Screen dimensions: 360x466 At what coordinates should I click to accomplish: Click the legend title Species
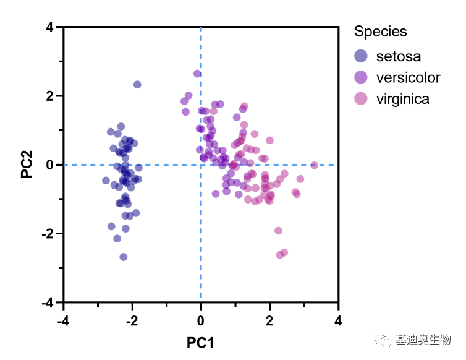coord(381,32)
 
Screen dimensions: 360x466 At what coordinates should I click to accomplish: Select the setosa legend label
coord(398,56)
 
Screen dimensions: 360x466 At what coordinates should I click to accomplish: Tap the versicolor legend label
coord(408,77)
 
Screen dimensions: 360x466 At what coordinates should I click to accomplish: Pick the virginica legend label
coord(402,99)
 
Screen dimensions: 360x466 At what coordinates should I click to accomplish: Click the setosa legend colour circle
coord(361,56)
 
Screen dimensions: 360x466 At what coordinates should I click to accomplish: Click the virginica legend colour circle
coord(361,99)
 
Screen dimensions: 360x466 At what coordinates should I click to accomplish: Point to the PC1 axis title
coord(200,342)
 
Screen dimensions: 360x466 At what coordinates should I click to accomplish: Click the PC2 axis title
coord(27,165)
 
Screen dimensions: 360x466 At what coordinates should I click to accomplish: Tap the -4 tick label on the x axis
coord(62,321)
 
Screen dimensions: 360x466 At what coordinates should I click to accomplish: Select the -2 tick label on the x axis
coord(131,321)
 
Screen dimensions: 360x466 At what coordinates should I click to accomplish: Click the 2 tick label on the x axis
coord(269,321)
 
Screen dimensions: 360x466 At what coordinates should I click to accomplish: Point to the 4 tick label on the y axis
coord(49,27)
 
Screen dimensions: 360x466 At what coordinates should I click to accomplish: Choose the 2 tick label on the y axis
coord(49,96)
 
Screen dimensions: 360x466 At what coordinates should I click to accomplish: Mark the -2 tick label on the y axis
coord(47,234)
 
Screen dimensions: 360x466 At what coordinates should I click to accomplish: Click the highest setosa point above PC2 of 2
coord(137,85)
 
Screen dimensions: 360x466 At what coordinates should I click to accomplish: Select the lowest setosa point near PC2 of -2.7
coord(124,257)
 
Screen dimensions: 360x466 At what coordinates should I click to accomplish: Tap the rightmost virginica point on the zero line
coord(314,165)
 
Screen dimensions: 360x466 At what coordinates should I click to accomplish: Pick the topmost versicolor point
coord(197,74)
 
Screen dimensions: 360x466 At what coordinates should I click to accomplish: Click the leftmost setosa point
coord(106,181)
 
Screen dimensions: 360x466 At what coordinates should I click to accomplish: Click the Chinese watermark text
coord(423,340)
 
